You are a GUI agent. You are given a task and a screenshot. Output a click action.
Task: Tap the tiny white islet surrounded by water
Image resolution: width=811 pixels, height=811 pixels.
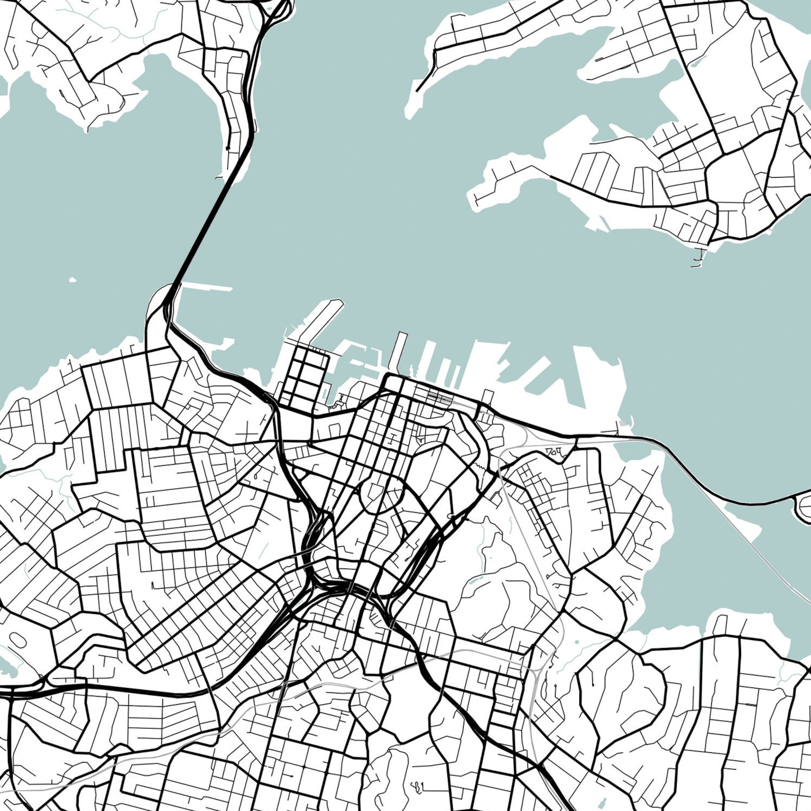73,280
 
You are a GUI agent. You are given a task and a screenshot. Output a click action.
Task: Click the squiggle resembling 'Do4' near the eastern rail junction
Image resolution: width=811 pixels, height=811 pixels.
554,451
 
